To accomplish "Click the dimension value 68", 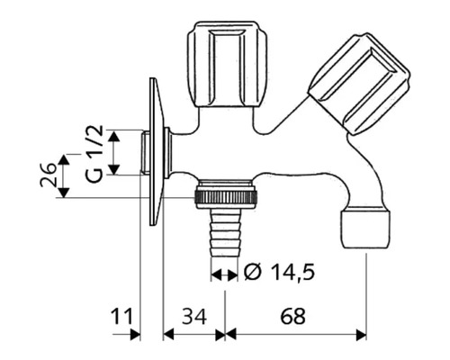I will click(x=292, y=316).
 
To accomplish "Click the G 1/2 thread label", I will click(x=96, y=153).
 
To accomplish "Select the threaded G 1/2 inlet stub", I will click(x=142, y=153).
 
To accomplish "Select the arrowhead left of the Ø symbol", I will click(x=216, y=272).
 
